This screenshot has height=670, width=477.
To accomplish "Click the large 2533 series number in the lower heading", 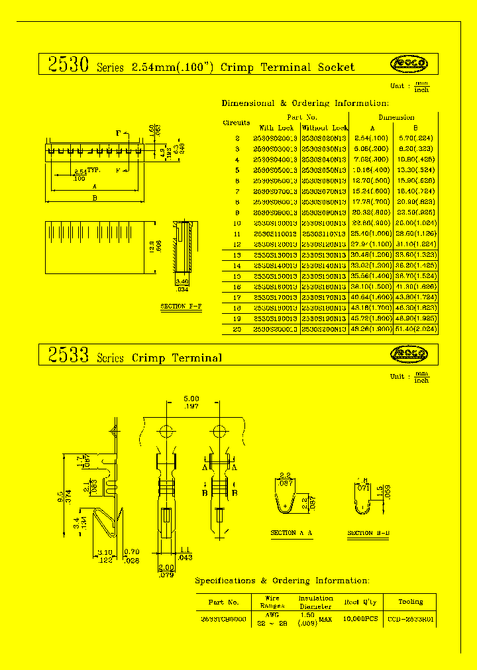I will point(68,356).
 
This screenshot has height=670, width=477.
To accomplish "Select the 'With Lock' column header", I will point(276,128).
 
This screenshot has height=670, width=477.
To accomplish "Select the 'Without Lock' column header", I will point(325,128).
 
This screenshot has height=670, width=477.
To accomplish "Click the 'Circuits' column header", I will point(237,122).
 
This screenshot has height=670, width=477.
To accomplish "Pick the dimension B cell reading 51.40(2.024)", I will point(416,329).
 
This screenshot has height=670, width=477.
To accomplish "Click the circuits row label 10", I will point(237,223).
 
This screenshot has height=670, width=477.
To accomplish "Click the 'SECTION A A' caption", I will point(292,533).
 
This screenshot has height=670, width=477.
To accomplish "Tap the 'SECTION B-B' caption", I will point(369,533).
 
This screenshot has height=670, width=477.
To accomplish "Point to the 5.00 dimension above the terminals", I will point(191,399).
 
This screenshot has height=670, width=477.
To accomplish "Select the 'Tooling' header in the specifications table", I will point(411,602).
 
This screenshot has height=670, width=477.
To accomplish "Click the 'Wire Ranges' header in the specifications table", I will point(272,602).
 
